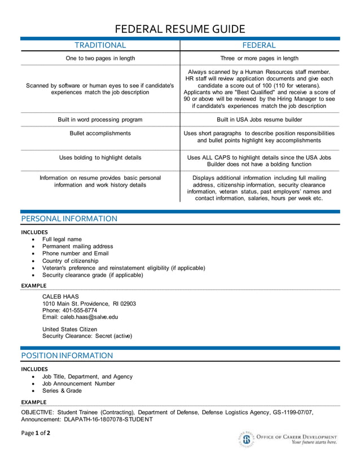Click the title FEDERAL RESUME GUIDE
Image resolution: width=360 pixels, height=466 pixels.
(x=180, y=29)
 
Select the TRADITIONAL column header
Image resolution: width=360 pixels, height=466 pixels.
(x=100, y=45)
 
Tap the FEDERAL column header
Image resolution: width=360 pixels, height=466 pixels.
(x=259, y=45)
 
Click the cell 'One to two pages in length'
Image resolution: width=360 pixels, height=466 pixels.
(x=100, y=58)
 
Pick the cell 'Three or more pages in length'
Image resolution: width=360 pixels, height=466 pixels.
(x=259, y=58)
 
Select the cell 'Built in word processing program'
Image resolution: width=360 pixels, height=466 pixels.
(x=100, y=120)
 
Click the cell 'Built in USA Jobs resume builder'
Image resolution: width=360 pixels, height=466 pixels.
(x=259, y=120)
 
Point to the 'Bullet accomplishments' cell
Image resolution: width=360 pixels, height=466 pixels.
(x=100, y=133)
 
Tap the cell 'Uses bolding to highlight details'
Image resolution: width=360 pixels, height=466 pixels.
(x=100, y=157)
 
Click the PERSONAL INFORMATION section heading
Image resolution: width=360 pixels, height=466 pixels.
(x=69, y=219)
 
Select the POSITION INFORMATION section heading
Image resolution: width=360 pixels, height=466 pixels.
(x=67, y=355)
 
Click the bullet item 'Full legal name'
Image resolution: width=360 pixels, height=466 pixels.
(x=62, y=239)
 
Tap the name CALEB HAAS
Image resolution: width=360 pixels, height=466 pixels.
(x=60, y=296)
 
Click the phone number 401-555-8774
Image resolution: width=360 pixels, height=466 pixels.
(x=78, y=310)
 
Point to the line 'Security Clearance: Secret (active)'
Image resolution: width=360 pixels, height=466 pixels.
(x=87, y=336)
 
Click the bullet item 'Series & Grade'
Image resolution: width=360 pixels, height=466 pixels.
(x=62, y=390)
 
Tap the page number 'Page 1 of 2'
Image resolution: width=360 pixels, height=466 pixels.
(x=36, y=433)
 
